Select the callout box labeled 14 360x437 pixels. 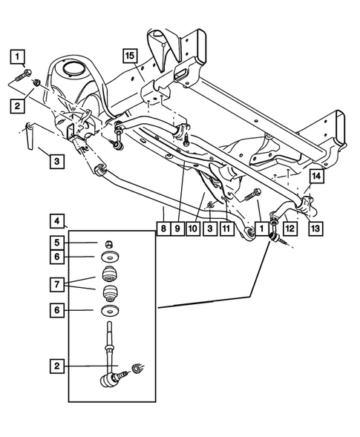point(315,176)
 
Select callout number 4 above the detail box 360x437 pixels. point(57,220)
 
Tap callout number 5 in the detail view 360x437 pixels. point(57,241)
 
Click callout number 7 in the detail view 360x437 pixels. point(57,283)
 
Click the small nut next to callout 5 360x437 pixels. point(109,243)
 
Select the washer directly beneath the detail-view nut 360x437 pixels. point(110,257)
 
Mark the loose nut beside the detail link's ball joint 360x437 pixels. point(137,367)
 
